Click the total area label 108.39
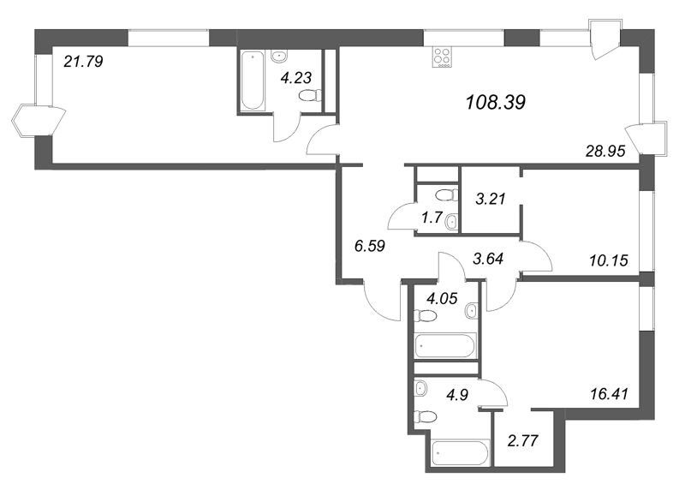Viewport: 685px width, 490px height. click(495, 103)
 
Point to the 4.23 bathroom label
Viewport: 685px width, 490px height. click(297, 75)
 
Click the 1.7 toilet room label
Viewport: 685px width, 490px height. click(431, 218)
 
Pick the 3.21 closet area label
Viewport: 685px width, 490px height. click(491, 200)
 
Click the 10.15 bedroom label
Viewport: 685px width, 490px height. click(610, 260)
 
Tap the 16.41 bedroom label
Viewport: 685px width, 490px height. click(606, 395)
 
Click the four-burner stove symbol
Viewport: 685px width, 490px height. click(444, 57)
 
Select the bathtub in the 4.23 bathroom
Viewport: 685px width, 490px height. click(253, 81)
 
